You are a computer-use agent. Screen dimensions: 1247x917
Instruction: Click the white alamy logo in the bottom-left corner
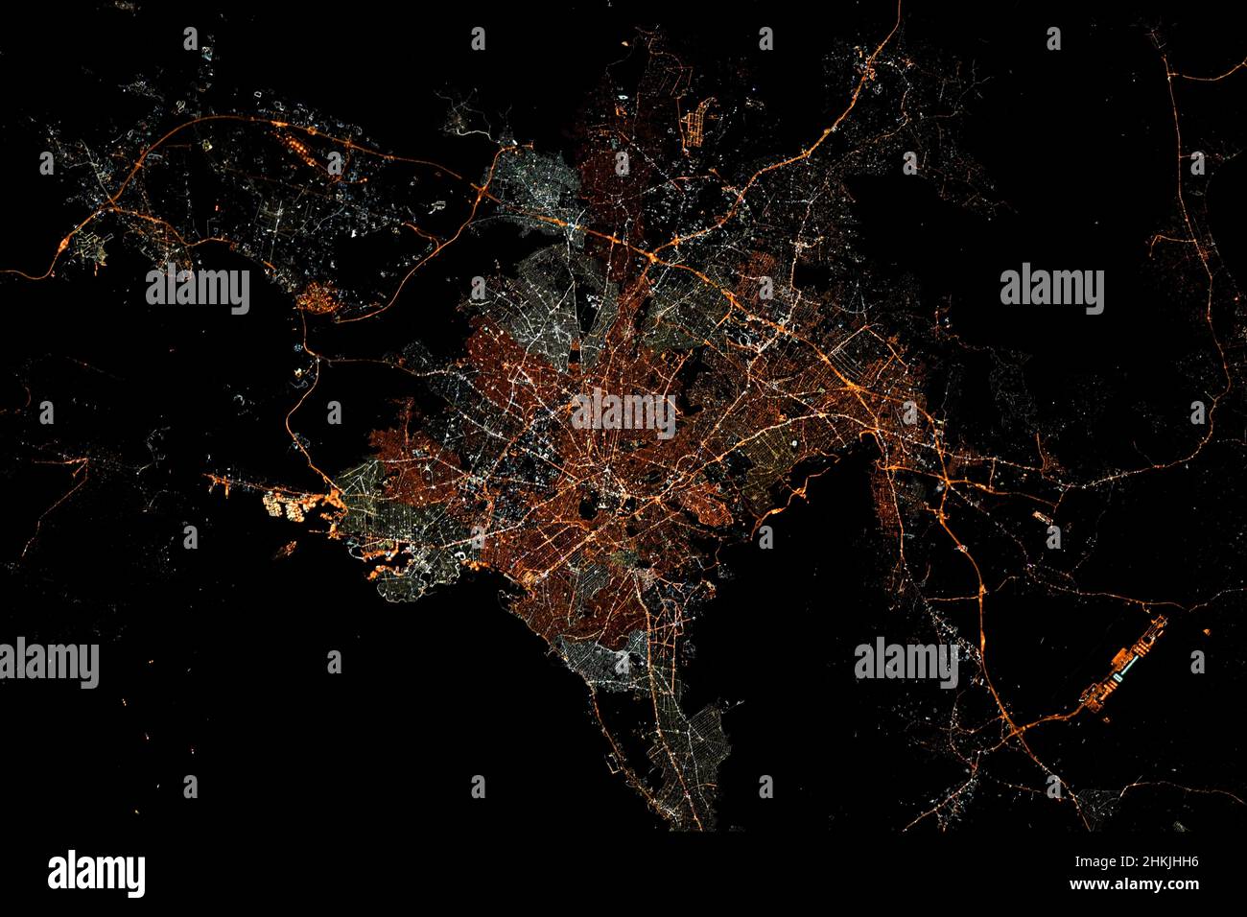[x=96, y=873]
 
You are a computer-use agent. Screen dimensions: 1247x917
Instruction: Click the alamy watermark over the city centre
[x=623, y=411]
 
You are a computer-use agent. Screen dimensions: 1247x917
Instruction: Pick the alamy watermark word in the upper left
[x=198, y=291]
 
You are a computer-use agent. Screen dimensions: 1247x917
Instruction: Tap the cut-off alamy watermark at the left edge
[x=48, y=663]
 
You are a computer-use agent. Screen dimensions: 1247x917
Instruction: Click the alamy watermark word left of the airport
[x=906, y=663]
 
